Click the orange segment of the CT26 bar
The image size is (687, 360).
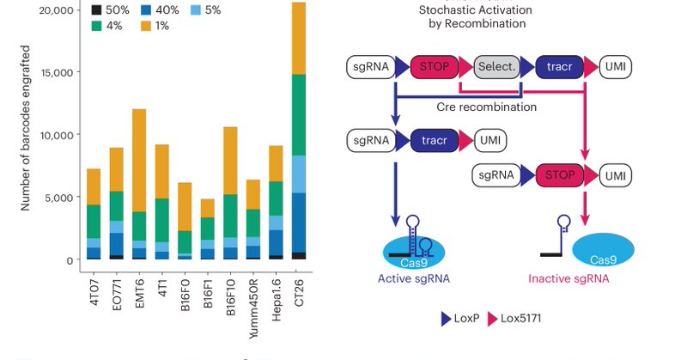coord(298,39)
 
